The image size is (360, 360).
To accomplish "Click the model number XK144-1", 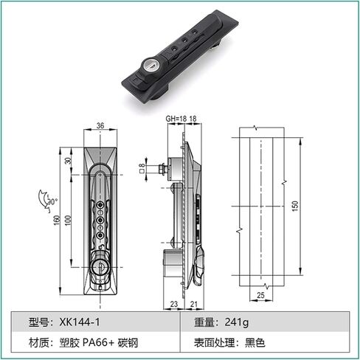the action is pyautogui.click(x=80, y=322).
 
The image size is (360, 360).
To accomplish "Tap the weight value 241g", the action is pyautogui.click(x=237, y=322).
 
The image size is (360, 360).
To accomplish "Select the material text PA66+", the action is pyautogui.click(x=98, y=342).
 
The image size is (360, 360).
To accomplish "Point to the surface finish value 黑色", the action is pyautogui.click(x=255, y=342).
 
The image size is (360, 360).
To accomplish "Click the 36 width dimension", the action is pyautogui.click(x=100, y=125).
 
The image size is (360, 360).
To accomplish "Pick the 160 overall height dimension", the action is pyautogui.click(x=57, y=220).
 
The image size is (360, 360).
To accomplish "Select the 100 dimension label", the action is pyautogui.click(x=68, y=220).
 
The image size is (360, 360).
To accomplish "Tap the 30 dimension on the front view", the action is pyautogui.click(x=68, y=161).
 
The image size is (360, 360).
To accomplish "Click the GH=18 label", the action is pyautogui.click(x=176, y=119).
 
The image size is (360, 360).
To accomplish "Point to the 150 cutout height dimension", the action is pyautogui.click(x=295, y=206).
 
